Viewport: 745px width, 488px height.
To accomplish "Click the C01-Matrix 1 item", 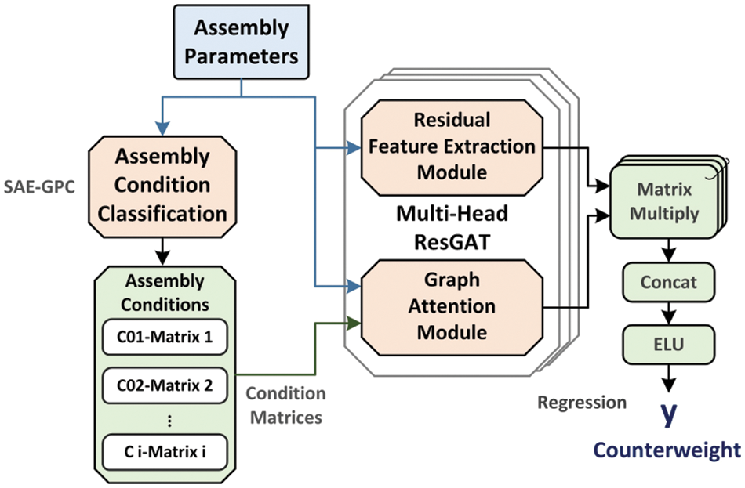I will click(x=165, y=338).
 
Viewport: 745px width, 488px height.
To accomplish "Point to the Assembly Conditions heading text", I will click(x=165, y=292).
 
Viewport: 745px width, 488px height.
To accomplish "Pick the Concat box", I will click(x=667, y=282).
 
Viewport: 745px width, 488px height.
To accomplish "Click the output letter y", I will click(x=667, y=414).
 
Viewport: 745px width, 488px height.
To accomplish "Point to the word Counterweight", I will click(x=666, y=450).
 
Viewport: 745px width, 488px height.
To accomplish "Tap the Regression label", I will click(x=582, y=403).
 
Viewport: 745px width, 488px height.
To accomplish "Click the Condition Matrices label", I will click(x=286, y=405).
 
